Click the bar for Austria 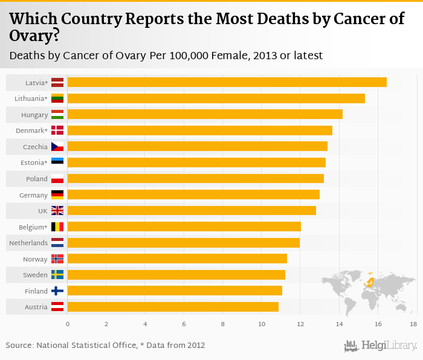pos(173,307)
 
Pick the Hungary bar pos(205,114)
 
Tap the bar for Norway pos(177,259)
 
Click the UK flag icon pos(57,211)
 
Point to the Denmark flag pos(57,130)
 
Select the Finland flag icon pos(57,291)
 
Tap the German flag pos(57,194)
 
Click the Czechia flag pos(57,147)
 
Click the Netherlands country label pos(28,243)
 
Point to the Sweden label pos(35,275)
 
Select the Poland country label pos(36,179)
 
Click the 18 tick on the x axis pos(413,324)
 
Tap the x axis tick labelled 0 pos(68,324)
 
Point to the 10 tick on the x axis pos(262,324)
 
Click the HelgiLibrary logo pos(380,346)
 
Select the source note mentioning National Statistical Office pos(105,346)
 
